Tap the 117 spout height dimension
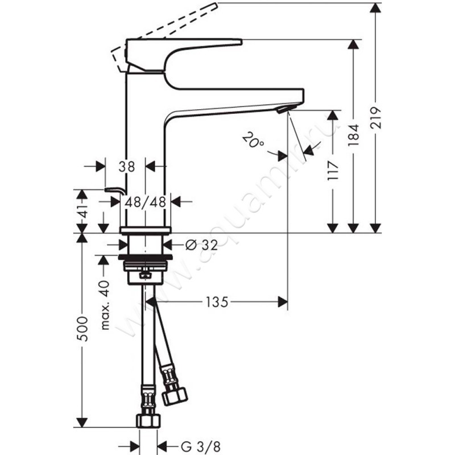pos(333,171)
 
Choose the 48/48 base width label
pos(144,201)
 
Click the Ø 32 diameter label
pos(201,245)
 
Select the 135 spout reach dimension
pos(217,303)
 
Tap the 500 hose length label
pos(83,329)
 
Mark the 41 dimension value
pos(83,214)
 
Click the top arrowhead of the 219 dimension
pos(375,8)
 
